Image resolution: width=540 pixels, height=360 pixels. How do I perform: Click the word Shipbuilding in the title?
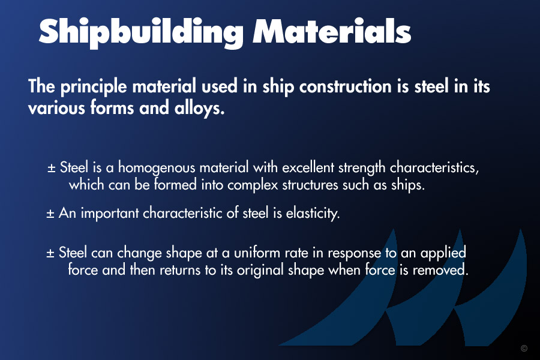[x=142, y=33]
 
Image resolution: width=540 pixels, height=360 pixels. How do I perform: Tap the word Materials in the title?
[x=332, y=31]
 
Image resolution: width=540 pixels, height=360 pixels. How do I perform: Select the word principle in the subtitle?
[x=94, y=87]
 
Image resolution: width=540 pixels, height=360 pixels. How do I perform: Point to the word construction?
[x=346, y=86]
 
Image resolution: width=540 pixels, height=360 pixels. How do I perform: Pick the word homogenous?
[x=157, y=168]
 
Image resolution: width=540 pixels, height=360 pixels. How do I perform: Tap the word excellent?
[x=308, y=167]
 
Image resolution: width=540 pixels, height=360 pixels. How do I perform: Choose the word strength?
[x=362, y=168]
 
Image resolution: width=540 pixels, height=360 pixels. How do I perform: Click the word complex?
[x=253, y=185]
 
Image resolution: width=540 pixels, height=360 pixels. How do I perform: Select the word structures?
[x=310, y=185]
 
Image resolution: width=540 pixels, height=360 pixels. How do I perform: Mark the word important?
[x=110, y=214]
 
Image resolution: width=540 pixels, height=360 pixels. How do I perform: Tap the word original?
[x=260, y=270]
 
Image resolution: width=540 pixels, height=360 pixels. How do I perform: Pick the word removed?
[x=440, y=270]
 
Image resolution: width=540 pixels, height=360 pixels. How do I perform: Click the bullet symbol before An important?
[x=50, y=214]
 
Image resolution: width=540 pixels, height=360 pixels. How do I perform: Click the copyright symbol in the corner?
[x=524, y=348]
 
